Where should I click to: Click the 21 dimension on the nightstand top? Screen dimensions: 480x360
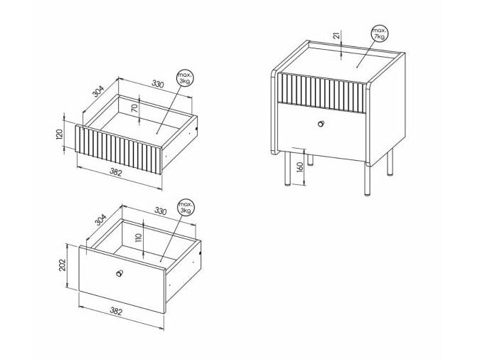337,35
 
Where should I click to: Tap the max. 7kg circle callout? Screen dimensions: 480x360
380,33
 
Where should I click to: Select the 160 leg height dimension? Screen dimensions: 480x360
300,167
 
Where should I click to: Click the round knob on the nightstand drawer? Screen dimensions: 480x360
321,124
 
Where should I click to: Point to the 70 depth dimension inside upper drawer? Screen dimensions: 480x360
134,107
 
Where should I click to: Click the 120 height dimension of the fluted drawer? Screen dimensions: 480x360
60,134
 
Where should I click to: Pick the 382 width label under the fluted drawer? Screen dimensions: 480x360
116,172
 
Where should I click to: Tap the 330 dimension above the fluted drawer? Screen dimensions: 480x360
158,84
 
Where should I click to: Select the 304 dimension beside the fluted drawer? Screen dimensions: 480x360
99,91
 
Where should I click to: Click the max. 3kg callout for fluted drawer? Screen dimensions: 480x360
185,78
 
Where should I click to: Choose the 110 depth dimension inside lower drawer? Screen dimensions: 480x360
139,238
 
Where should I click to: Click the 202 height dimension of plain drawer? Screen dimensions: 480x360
62,265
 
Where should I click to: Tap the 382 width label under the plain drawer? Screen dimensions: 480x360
116,312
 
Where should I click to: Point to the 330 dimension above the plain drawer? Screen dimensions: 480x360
161,211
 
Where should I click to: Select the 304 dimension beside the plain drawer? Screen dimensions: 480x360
100,220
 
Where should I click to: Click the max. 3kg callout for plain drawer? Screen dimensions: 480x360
186,208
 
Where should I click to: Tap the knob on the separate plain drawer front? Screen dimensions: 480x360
119,273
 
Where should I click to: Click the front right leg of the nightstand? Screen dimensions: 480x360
367,180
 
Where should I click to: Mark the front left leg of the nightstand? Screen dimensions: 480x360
287,169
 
